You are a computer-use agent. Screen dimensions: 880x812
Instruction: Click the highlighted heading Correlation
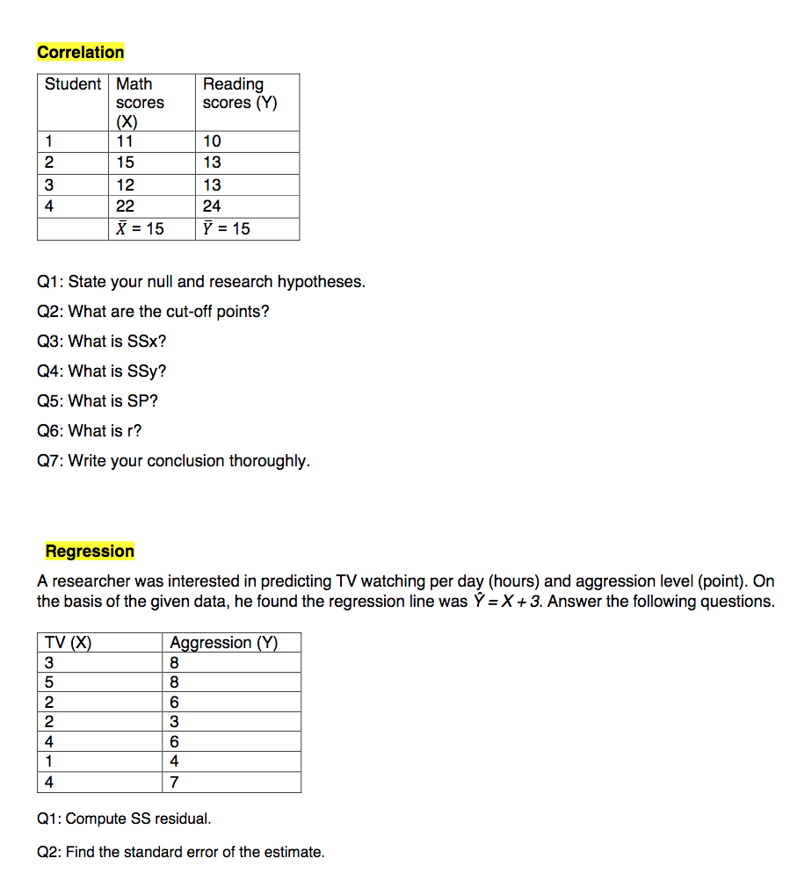(x=80, y=52)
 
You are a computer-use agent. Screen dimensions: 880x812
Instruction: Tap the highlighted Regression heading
(x=90, y=552)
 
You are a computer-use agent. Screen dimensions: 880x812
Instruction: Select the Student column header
(x=73, y=84)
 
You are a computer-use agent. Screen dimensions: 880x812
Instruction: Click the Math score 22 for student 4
(x=126, y=206)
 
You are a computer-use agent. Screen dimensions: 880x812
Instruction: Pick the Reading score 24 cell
(x=212, y=206)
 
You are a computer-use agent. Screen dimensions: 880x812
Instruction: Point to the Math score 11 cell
(x=125, y=141)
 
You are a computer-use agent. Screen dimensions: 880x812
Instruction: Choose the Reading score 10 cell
(x=212, y=141)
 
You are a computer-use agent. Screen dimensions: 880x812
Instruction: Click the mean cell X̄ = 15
(x=140, y=228)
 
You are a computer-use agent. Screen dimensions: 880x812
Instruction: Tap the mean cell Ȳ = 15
(x=226, y=228)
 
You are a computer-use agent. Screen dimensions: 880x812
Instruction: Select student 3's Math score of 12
(x=126, y=185)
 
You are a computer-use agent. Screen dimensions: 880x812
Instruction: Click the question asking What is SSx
(x=101, y=342)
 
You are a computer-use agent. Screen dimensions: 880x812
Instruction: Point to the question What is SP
(x=98, y=401)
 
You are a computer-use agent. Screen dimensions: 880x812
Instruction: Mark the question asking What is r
(x=89, y=431)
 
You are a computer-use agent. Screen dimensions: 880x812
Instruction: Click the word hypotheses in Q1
(x=321, y=282)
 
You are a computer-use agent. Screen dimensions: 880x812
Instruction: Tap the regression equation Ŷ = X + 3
(x=505, y=602)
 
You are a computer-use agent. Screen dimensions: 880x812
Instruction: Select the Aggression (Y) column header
(x=223, y=643)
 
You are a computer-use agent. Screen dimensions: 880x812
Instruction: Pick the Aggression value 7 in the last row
(x=174, y=783)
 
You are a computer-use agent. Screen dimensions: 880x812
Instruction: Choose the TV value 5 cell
(x=49, y=682)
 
